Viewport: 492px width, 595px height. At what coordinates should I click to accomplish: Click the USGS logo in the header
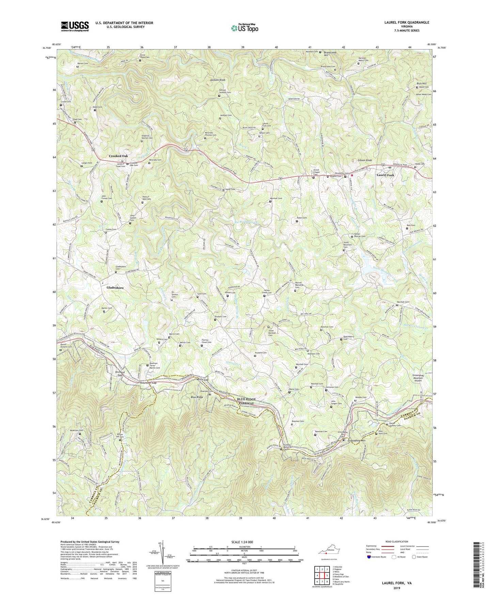click(75, 26)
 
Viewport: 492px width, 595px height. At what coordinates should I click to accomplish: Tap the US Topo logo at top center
click(244, 28)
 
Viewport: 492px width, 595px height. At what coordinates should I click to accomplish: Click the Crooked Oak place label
click(118, 156)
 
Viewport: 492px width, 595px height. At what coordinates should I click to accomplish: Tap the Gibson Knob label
click(364, 160)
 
